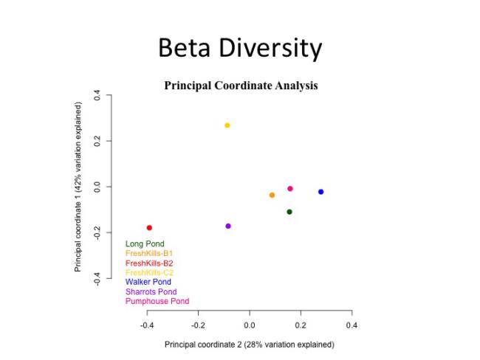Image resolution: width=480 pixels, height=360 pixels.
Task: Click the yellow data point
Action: point(227,125)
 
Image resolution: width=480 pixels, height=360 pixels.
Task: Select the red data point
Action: point(149,228)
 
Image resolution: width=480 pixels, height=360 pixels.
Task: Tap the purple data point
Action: point(228,226)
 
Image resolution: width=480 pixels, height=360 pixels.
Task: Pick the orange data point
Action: point(272,195)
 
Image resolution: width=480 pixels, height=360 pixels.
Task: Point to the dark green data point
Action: point(289,212)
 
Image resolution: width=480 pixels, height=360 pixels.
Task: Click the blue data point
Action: point(320,192)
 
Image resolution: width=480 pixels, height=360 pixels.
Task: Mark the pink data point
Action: point(290,189)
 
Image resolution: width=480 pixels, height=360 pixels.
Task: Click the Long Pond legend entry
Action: point(145,243)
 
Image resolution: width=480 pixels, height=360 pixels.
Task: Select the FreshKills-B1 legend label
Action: point(149,253)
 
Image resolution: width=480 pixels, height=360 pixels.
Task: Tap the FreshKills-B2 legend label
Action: point(149,263)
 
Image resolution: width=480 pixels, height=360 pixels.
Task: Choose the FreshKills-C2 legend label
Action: point(149,272)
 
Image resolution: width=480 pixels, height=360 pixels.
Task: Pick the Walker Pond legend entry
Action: point(148,282)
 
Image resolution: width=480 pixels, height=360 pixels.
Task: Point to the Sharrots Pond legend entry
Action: point(151,291)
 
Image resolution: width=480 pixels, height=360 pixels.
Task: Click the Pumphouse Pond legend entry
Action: point(157,301)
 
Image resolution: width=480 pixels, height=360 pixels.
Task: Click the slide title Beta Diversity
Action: point(240,49)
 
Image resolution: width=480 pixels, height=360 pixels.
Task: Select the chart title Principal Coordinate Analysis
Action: point(241,86)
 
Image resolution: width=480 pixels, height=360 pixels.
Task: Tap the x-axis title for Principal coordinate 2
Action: point(249,345)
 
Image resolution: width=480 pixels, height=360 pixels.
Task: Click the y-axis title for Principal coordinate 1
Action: point(78,187)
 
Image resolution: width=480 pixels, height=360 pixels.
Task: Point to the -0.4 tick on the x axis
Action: point(147,325)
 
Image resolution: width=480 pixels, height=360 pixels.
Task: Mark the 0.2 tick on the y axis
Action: point(97,141)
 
